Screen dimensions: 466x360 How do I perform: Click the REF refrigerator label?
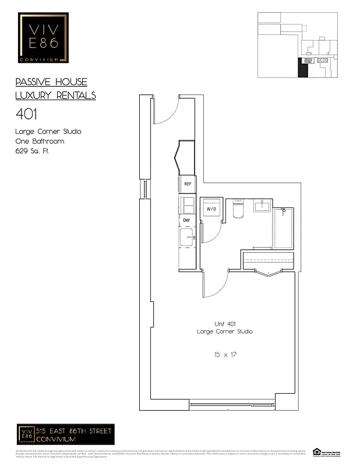click(x=188, y=184)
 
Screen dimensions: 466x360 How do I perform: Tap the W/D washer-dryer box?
click(x=211, y=209)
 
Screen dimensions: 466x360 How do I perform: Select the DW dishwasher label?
click(x=187, y=220)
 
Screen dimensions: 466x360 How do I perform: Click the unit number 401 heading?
click(x=26, y=113)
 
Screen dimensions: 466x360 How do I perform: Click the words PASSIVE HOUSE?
click(x=51, y=82)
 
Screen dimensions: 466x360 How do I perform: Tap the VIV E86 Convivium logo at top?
click(x=43, y=39)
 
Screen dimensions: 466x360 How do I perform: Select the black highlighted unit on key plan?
click(x=303, y=68)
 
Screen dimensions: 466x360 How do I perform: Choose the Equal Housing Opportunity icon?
click(x=317, y=452)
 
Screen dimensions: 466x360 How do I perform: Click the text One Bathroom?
click(x=40, y=142)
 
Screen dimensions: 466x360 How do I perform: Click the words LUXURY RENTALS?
click(x=55, y=96)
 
